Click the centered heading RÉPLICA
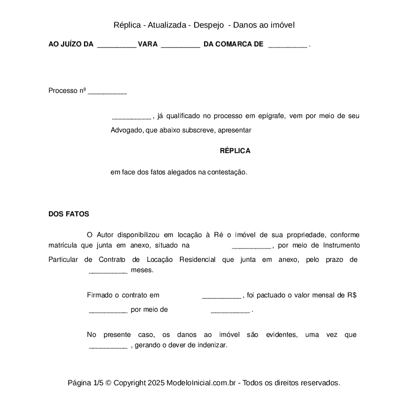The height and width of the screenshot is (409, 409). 235,151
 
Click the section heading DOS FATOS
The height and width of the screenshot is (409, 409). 69,214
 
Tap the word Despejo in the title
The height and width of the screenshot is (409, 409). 211,25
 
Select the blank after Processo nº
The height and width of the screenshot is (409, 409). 107,92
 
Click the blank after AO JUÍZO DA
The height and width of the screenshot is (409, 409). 117,45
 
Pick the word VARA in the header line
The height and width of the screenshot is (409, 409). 148,44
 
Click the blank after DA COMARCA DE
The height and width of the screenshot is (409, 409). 287,45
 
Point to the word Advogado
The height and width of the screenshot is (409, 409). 127,130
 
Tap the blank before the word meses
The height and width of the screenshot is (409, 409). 108,271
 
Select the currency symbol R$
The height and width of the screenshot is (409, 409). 352,295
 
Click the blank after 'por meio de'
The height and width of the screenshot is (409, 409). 230,311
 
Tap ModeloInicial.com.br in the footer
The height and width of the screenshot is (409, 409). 203,383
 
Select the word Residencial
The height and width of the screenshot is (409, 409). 198,260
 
